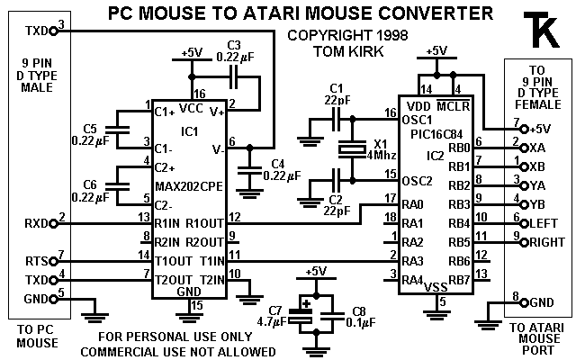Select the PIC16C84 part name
(x=436, y=135)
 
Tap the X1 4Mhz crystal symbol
(x=348, y=152)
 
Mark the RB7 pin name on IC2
(x=459, y=281)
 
